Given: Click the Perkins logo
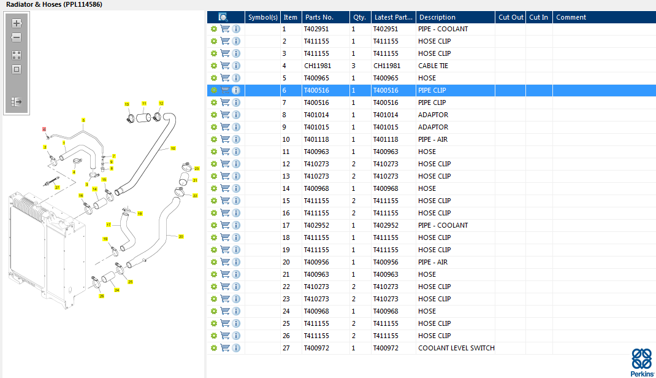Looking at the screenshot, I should [642, 362].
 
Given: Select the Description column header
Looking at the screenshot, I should [437, 17].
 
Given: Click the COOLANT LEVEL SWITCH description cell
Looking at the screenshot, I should [456, 348].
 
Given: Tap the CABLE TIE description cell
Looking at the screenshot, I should [433, 66].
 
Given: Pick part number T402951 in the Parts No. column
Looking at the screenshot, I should [316, 29].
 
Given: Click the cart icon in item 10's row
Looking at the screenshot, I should [225, 139].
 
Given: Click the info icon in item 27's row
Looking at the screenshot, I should [236, 348].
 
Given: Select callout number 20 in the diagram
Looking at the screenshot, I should [181, 236].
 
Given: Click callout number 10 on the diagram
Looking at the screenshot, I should [173, 148].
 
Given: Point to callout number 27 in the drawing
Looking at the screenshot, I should [57, 187].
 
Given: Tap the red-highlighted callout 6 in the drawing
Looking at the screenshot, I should [44, 129].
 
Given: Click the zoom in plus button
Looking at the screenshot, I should [17, 23].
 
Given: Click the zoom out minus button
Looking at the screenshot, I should [17, 37].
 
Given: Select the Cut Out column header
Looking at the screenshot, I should [511, 17].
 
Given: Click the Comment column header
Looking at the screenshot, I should [571, 17].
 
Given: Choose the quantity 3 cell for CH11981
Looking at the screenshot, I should [353, 66].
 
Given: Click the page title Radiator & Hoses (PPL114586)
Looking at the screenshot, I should [54, 4].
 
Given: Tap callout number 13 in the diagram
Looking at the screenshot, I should [127, 104].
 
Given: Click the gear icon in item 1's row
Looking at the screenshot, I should [213, 29].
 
